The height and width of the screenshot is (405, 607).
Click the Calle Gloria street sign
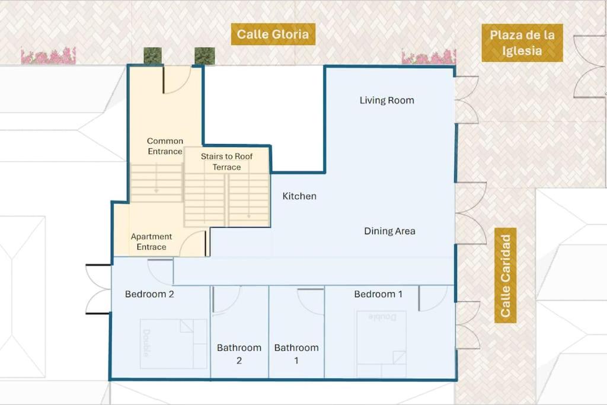[273, 34]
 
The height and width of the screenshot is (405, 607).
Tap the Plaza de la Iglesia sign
[522, 43]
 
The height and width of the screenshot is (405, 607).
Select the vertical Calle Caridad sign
[505, 275]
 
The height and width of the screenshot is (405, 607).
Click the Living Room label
[386, 100]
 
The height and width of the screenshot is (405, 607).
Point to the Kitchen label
[299, 196]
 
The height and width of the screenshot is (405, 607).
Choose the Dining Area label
[389, 231]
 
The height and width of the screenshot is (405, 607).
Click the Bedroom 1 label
[378, 294]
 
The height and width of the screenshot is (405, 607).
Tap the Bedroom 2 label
[149, 294]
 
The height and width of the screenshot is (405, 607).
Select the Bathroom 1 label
[296, 354]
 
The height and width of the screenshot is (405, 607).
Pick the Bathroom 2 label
[239, 354]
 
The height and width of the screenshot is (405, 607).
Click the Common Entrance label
[165, 146]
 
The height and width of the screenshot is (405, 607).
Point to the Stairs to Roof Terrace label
[226, 162]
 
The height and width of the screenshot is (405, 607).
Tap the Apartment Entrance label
[151, 241]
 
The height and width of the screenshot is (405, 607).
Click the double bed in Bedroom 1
[381, 344]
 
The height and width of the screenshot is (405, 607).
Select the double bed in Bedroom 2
[174, 344]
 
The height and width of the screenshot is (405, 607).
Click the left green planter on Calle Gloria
[152, 56]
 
